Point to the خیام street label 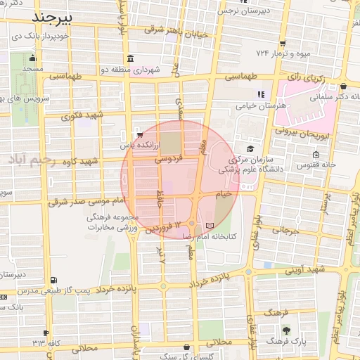pyautogui.click(x=223, y=193)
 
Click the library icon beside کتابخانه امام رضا pyautogui.click(x=209, y=225)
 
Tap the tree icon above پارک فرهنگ pyautogui.click(x=285, y=330)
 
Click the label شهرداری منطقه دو pyautogui.click(x=156, y=70)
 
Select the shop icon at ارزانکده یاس pyautogui.click(x=139, y=134)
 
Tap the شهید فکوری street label pyautogui.click(x=82, y=115)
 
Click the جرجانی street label pyautogui.click(x=285, y=230)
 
